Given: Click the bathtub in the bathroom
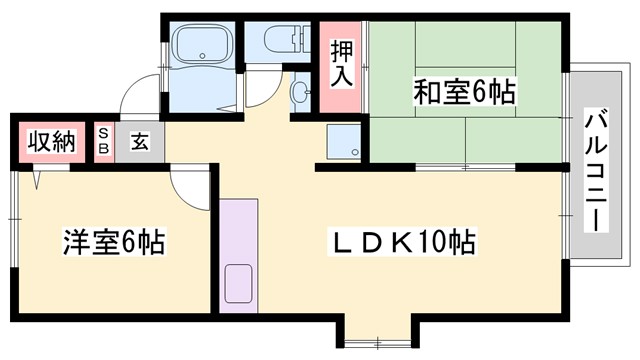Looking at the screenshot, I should (x=202, y=45).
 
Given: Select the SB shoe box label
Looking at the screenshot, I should (x=103, y=142).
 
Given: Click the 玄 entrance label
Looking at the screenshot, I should (x=138, y=142).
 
